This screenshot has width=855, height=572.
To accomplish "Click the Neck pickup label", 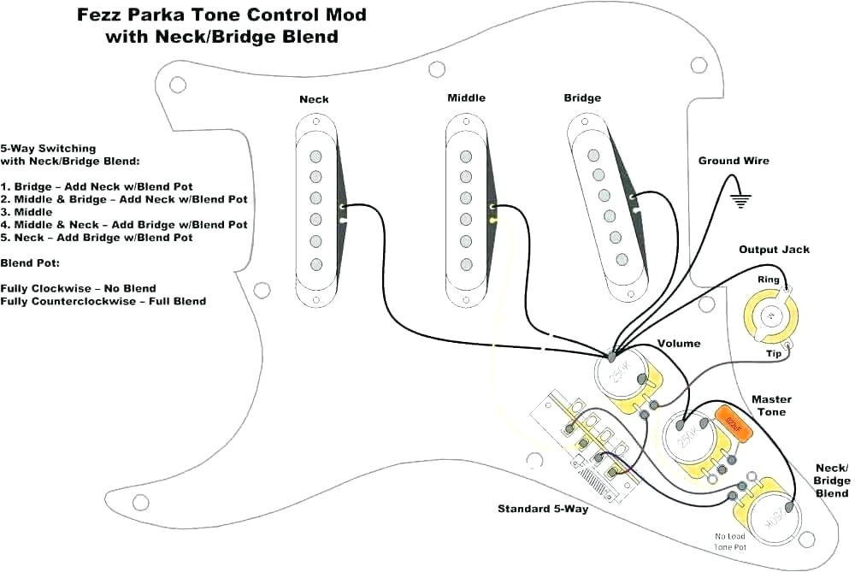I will tap(313, 99).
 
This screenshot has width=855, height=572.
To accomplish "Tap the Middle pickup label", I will tap(466, 98).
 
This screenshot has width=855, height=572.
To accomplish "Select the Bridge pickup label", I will tap(582, 98).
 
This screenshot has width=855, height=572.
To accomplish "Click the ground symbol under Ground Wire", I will tap(740, 201).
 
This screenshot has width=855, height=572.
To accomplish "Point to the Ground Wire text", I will tap(734, 161).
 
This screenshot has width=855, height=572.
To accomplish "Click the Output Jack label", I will tap(774, 250).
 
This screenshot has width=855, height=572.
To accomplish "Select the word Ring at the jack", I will tap(768, 280).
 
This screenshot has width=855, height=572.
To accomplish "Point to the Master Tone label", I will tap(771, 405).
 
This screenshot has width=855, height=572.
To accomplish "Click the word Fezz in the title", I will tap(98, 15).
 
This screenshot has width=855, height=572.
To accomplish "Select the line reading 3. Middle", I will tap(27, 212).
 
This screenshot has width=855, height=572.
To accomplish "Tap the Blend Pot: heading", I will tap(29, 263).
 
